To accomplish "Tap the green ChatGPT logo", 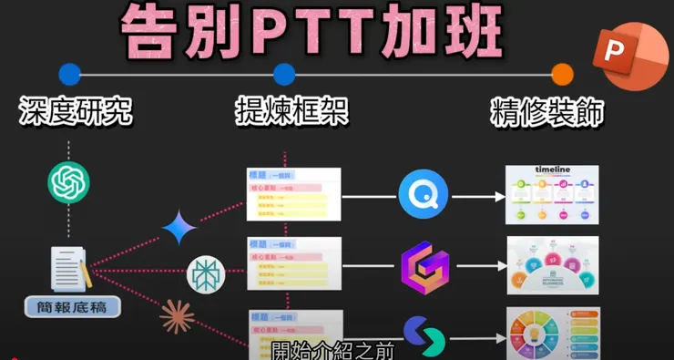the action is coord(69,182).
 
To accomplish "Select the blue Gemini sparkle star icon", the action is coord(179,229).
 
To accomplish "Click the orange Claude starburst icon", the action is coord(177,316).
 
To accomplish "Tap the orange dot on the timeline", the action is coord(563,74).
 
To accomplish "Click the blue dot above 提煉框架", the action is coord(284,74).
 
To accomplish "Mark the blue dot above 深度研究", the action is coord(69,74).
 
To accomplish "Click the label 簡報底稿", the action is coord(69,307).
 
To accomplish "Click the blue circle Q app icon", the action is coord(424,195).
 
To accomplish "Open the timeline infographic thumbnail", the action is coord(552,195).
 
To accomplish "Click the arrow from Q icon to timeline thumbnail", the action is coord(478,196).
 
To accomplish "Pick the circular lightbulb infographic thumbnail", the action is coord(552,333).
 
